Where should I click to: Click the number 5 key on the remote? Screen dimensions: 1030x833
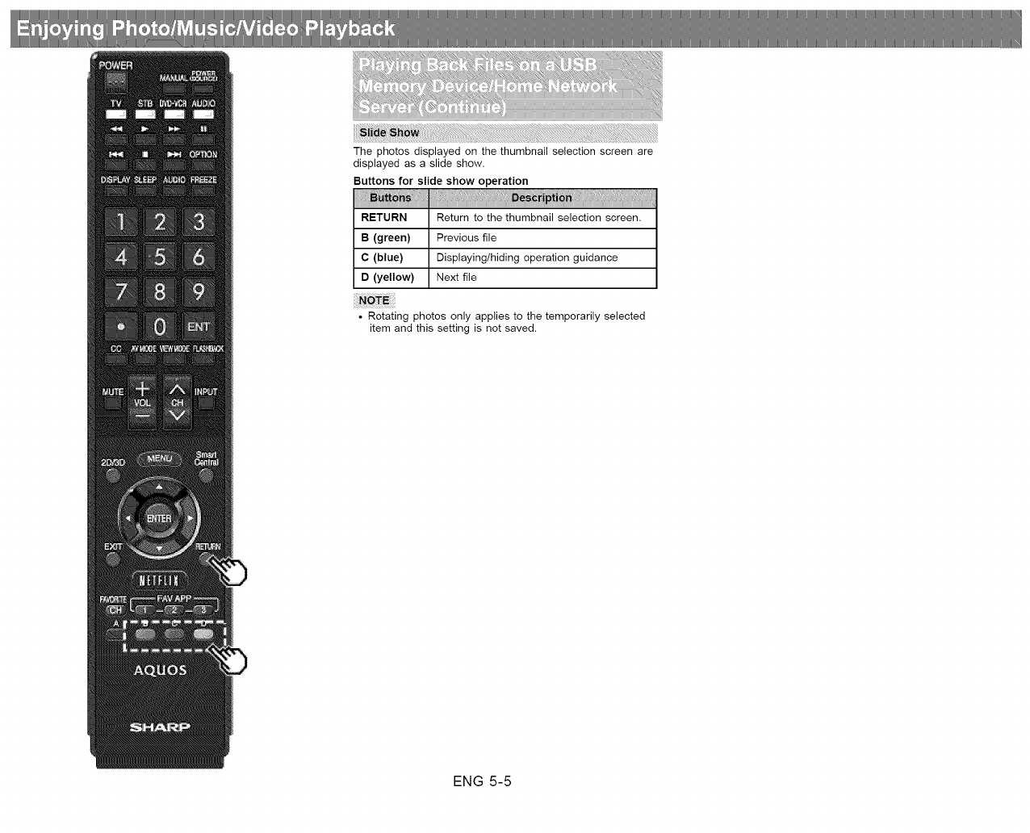click(160, 257)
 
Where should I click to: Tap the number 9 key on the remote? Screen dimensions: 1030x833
click(199, 291)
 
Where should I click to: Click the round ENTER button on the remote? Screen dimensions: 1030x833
click(159, 518)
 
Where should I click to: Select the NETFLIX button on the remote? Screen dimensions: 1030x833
click(160, 580)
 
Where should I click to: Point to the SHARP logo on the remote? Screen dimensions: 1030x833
click(160, 727)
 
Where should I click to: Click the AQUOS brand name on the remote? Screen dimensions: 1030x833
click(160, 670)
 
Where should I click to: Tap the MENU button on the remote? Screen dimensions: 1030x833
click(160, 458)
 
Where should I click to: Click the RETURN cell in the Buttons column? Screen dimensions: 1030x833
click(391, 218)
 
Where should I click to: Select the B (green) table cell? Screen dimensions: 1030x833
click(391, 238)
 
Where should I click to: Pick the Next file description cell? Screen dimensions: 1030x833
click(542, 278)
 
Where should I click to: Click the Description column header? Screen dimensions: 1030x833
click(542, 198)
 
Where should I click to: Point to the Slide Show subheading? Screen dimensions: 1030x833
click(389, 133)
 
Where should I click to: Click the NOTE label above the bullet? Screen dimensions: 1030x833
click(374, 300)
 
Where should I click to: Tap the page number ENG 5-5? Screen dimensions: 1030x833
click(482, 781)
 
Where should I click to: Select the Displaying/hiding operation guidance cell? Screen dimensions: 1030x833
click(542, 257)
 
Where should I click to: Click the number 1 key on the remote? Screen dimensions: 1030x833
click(121, 222)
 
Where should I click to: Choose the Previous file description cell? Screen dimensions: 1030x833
click(542, 238)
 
